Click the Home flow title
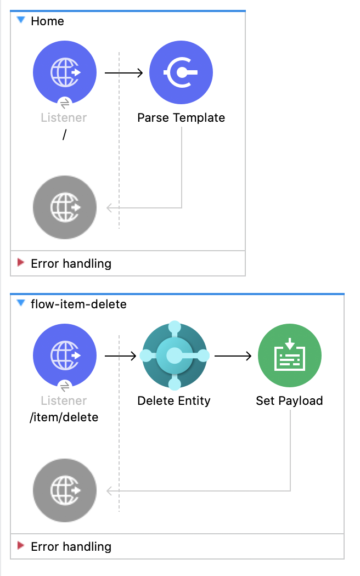(47, 21)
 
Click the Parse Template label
(181, 118)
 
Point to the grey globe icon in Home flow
(65, 208)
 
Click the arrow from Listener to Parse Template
(123, 72)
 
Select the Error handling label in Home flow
(71, 264)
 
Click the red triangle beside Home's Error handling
(21, 263)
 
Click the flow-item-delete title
(78, 304)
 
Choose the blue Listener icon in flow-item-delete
(65, 355)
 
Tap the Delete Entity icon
(174, 355)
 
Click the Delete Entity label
(174, 401)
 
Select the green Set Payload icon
(290, 355)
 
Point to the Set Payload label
(290, 401)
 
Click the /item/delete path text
(64, 417)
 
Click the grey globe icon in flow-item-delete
(65, 490)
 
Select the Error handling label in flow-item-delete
(71, 547)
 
